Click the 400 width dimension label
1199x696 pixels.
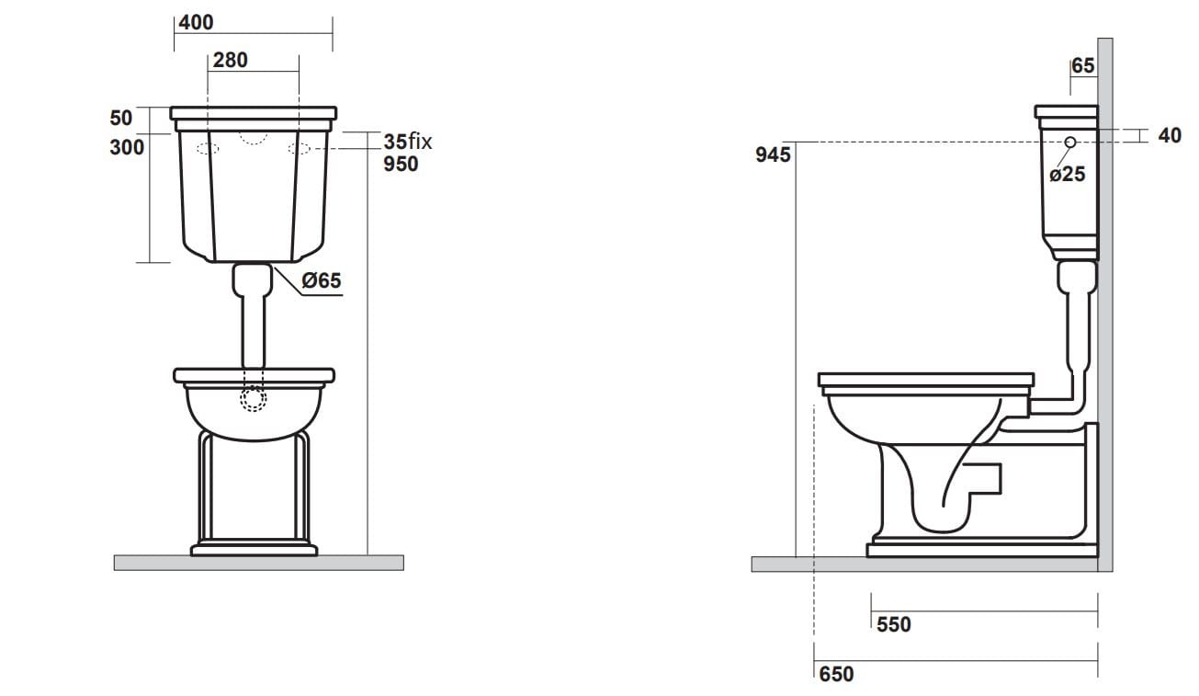[196, 21]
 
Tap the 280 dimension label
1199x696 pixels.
[230, 61]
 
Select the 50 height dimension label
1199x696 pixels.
[121, 118]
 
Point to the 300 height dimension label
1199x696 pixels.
[127, 147]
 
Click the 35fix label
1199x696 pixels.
[407, 142]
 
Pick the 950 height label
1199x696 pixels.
[401, 164]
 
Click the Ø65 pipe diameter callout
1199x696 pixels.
[322, 281]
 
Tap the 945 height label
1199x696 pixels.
[773, 155]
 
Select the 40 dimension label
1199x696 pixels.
[1170, 136]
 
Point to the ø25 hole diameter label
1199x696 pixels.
[1067, 174]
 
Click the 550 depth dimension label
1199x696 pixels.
[893, 625]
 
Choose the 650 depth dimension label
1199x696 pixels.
[835, 675]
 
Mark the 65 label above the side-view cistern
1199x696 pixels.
[1083, 66]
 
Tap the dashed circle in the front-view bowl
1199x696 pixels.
[253, 398]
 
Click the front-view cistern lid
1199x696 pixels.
[253, 115]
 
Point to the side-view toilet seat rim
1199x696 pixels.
[925, 380]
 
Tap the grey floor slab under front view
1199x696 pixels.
[258, 563]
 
